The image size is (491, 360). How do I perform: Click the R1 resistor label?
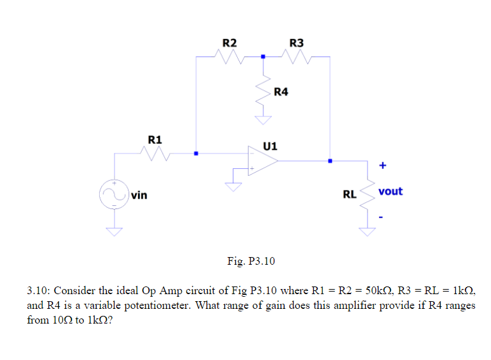155,139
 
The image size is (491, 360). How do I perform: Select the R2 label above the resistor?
229,43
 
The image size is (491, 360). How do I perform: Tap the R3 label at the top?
297,43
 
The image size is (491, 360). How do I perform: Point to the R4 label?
281,92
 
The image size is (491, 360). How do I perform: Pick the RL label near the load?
350,194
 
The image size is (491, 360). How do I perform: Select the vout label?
390,191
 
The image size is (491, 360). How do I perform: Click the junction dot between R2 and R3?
262,57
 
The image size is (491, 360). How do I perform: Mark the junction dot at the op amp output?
330,161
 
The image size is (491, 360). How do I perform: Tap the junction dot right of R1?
196,153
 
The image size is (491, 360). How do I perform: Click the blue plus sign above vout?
382,166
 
